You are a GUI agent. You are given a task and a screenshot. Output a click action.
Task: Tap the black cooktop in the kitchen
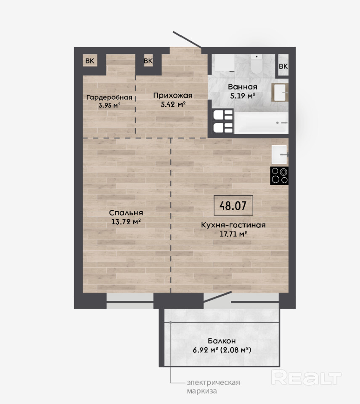pos(279,176)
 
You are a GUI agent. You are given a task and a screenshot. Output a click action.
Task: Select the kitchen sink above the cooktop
pos(279,154)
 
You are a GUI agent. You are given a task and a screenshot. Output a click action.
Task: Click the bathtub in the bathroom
pos(261,123)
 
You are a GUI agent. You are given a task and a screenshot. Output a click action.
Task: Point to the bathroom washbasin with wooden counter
pos(280,92)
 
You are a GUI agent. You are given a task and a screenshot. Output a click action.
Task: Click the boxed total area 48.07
pos(233,205)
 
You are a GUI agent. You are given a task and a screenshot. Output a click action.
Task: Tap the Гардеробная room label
pos(109,97)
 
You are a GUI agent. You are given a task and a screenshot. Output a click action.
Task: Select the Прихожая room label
pos(173,96)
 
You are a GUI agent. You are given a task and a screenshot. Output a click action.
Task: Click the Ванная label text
pos(243,87)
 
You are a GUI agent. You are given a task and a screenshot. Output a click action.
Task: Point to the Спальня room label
pos(126,213)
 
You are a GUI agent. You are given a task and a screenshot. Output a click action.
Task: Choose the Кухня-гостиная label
pos(233,225)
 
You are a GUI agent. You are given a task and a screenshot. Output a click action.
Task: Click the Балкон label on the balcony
pos(222,341)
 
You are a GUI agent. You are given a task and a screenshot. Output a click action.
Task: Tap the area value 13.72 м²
pos(126,222)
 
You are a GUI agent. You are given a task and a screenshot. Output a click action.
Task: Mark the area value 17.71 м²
pos(233,234)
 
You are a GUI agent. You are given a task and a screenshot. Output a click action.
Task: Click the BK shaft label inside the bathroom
pos(283,66)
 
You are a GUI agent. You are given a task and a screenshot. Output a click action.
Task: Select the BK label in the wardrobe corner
pos(90,61)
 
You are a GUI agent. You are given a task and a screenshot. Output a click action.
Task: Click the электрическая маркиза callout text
pos(214,387)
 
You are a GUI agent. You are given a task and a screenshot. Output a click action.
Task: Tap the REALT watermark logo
pos(306,378)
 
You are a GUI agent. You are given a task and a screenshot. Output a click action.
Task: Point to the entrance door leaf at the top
pos(187,40)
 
